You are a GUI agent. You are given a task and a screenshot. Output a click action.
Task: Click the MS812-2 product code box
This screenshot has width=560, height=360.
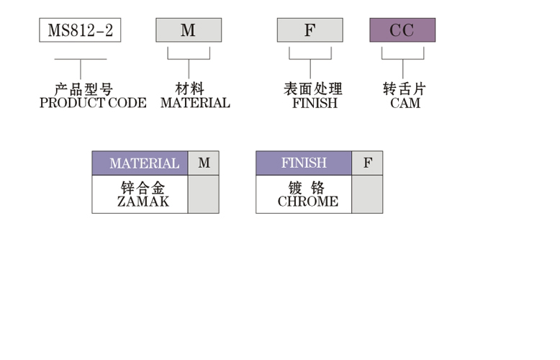[80, 30]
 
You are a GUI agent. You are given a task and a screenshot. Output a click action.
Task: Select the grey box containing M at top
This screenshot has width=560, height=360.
[189, 30]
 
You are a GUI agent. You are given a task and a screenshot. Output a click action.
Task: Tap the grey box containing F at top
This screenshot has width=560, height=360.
[310, 30]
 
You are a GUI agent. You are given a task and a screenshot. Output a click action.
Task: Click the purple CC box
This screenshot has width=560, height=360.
[402, 30]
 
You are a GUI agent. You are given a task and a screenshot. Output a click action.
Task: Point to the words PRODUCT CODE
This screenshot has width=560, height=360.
[93, 103]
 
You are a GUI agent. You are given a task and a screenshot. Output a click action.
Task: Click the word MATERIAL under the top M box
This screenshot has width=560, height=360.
[195, 103]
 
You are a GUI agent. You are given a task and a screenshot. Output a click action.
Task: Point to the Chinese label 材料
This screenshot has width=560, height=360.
[190, 89]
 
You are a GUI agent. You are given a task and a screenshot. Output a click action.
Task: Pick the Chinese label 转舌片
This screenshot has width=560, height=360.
[405, 89]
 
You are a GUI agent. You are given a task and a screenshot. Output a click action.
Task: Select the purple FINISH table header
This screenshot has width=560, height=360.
[304, 163]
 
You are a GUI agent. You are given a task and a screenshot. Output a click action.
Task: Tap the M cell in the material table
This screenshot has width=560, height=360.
[204, 163]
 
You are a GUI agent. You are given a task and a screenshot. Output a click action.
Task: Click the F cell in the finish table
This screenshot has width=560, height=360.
[368, 163]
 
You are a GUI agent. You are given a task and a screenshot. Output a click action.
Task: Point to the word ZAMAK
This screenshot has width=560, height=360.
[143, 202]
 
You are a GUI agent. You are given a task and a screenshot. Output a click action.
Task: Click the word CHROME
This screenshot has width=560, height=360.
[307, 202]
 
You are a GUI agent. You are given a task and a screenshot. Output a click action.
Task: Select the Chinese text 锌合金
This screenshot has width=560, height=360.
[143, 189]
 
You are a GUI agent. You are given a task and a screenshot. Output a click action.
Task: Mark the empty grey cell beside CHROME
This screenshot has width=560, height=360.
[367, 194]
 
